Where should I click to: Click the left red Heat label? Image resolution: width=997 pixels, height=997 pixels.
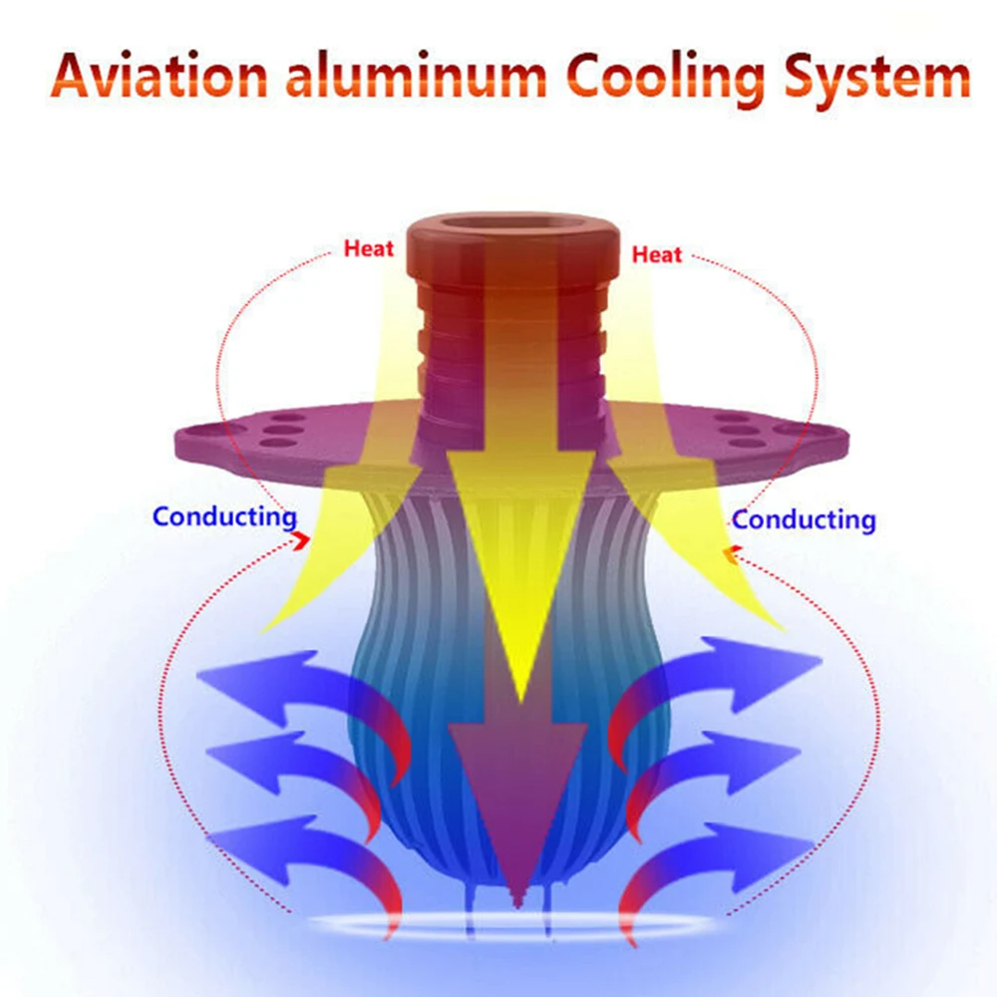(369, 248)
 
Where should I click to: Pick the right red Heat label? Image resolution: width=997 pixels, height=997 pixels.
(657, 255)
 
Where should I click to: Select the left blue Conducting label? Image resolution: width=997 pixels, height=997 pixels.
(225, 517)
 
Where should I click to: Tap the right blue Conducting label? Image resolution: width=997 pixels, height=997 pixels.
(804, 520)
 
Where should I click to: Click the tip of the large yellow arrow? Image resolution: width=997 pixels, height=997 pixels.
(521, 701)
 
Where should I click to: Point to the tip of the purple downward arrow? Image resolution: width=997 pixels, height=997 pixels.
(518, 905)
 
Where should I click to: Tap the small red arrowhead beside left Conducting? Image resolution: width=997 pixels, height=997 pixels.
(301, 541)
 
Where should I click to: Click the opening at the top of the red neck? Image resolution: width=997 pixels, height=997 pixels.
(512, 223)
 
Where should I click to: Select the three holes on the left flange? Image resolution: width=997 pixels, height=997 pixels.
(281, 431)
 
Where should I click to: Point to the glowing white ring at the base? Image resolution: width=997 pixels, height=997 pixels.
(512, 925)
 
